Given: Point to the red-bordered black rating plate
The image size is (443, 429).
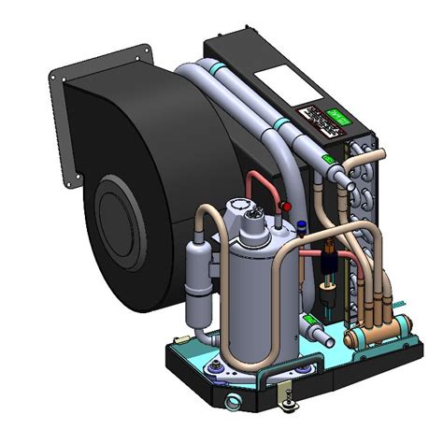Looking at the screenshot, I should (310, 121).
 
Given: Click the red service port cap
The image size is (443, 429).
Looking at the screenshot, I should (287, 204).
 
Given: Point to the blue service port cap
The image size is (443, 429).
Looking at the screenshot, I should (305, 224).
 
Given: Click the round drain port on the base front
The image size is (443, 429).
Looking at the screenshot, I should (233, 405).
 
